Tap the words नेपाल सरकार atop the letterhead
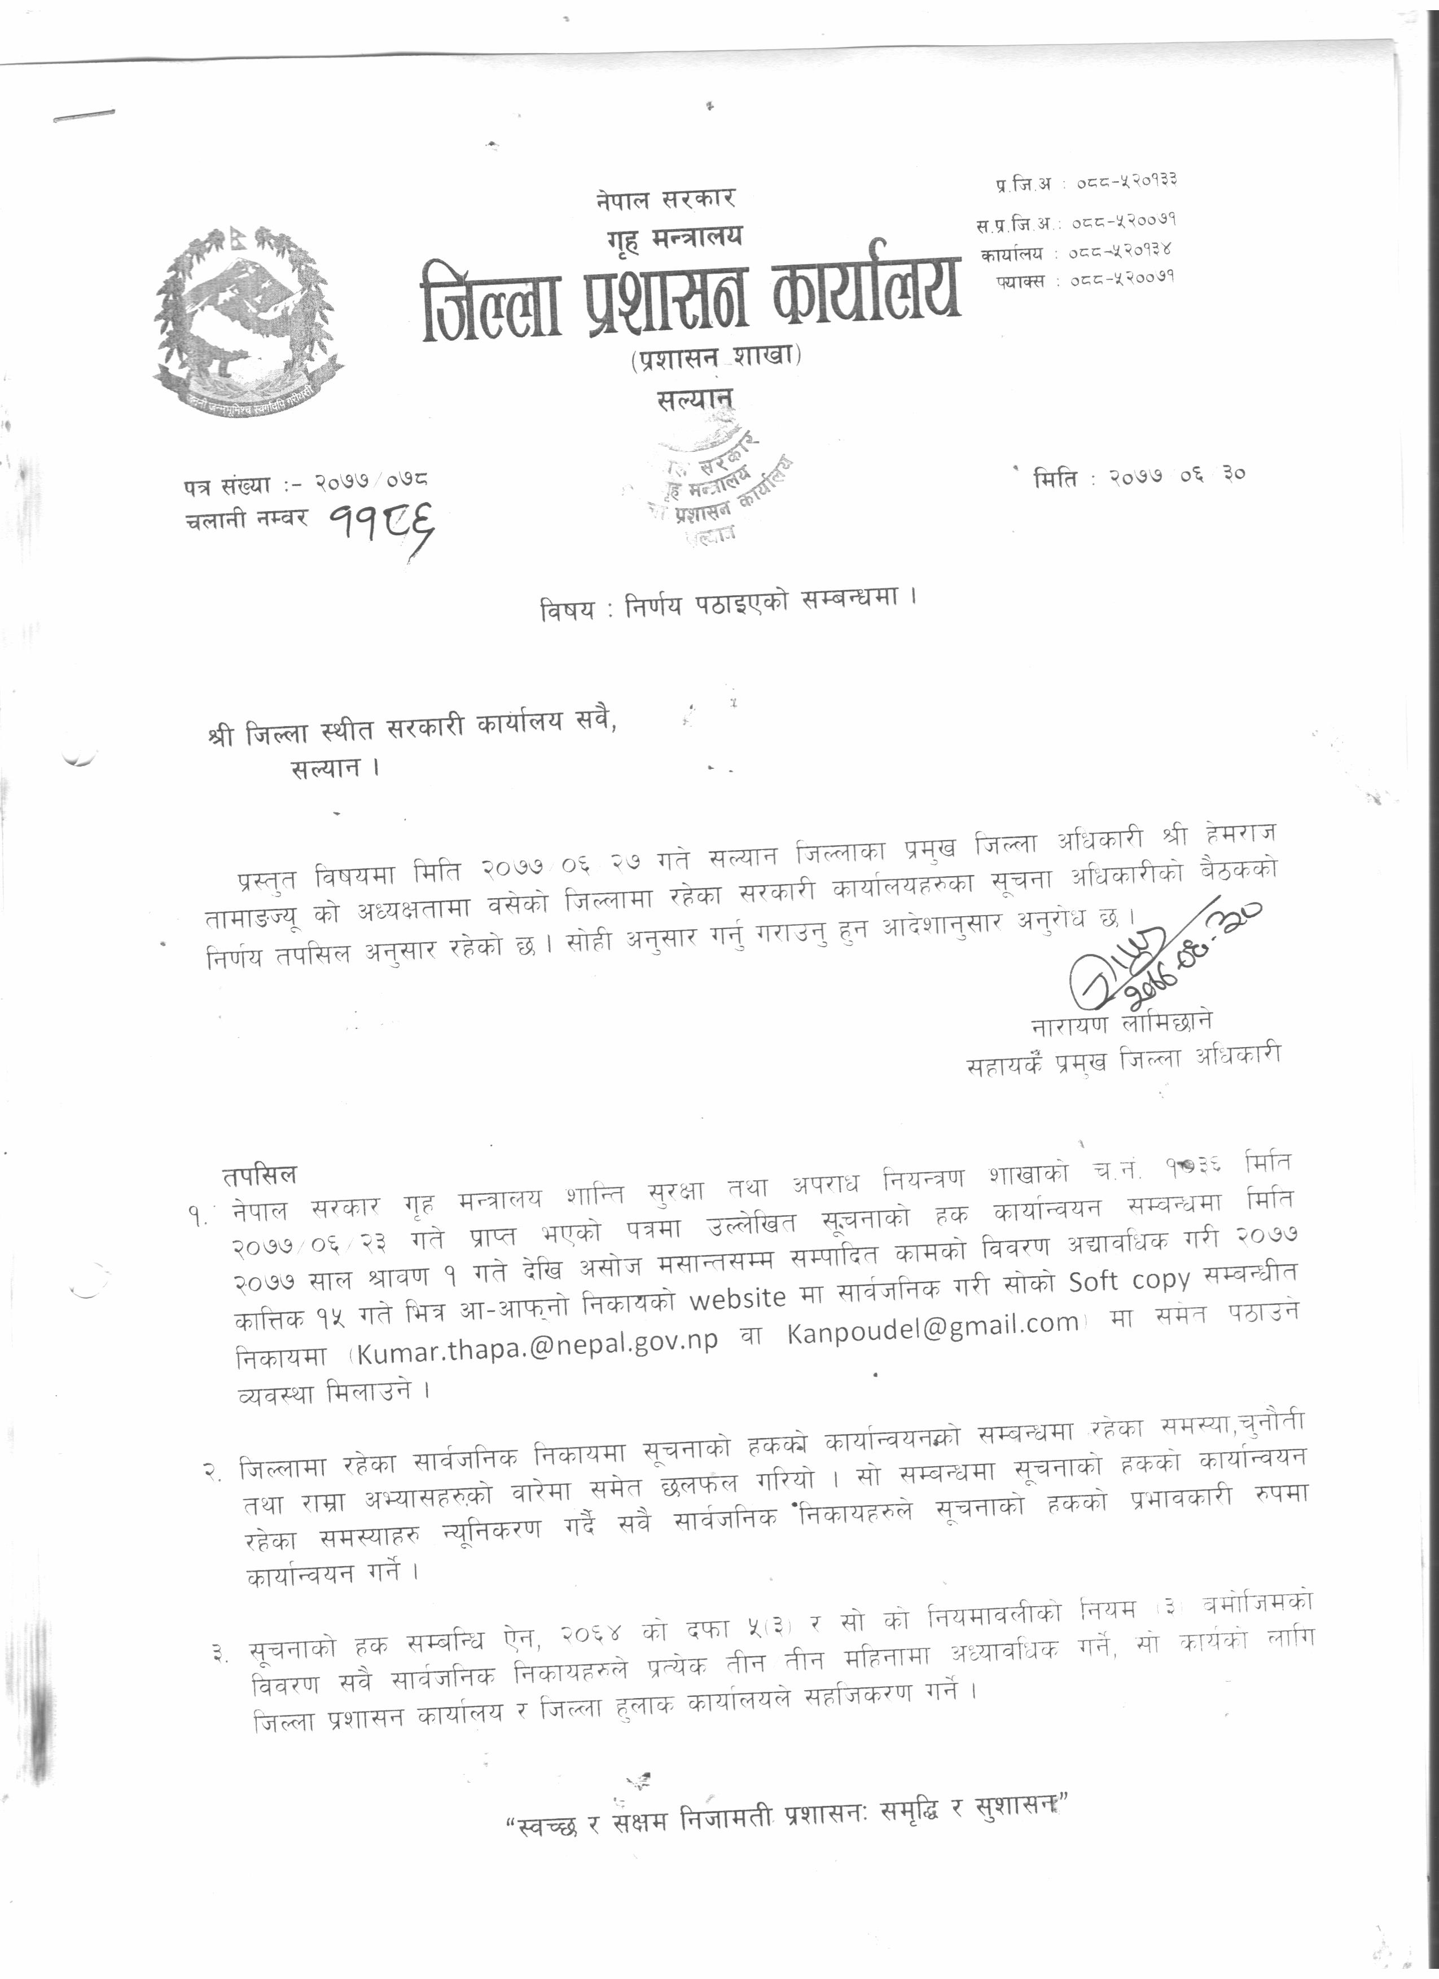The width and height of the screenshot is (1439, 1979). (x=666, y=199)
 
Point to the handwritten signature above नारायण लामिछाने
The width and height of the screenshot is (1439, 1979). (x=1152, y=960)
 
